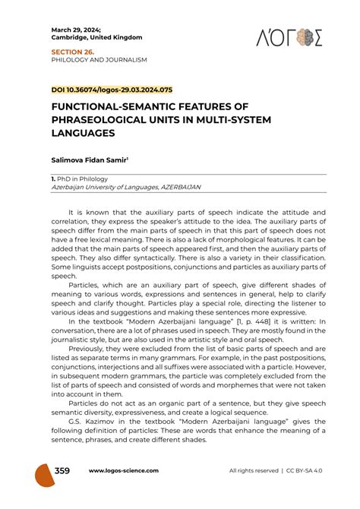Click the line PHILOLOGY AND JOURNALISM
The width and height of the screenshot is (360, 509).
99,60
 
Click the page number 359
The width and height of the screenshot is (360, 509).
63,470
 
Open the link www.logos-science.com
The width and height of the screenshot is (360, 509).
124,471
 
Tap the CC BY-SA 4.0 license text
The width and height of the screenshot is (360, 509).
308,471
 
